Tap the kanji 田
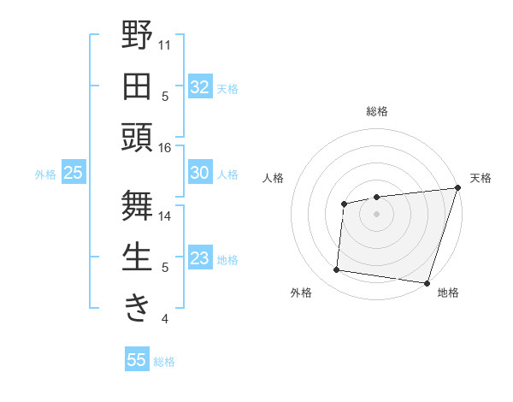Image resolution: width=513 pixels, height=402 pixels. pyautogui.click(x=137, y=86)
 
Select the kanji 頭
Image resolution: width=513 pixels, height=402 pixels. pyautogui.click(x=137, y=137)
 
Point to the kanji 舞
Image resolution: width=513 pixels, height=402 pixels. pyautogui.click(x=137, y=205)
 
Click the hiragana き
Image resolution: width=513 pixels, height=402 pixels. pyautogui.click(x=137, y=306)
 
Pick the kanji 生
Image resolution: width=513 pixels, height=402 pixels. pyautogui.click(x=137, y=257)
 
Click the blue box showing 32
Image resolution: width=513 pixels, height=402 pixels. pyautogui.click(x=200, y=87)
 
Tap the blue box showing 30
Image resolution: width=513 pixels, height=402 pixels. pyautogui.click(x=200, y=173)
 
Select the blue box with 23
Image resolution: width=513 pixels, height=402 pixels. pyautogui.click(x=200, y=258)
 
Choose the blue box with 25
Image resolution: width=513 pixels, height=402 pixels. pyautogui.click(x=74, y=173)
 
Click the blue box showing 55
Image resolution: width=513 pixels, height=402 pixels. pyautogui.click(x=137, y=360)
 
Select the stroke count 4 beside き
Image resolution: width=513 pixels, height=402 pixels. pyautogui.click(x=165, y=319)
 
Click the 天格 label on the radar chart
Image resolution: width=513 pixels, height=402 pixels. pyautogui.click(x=481, y=178)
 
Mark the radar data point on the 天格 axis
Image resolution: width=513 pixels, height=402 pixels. pyautogui.click(x=457, y=188)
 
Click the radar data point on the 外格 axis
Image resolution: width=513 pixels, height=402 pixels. pyautogui.click(x=337, y=270)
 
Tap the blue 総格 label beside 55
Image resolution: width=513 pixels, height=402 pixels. pyautogui.click(x=164, y=362)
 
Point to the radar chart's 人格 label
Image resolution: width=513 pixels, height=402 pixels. pyautogui.click(x=273, y=178)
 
